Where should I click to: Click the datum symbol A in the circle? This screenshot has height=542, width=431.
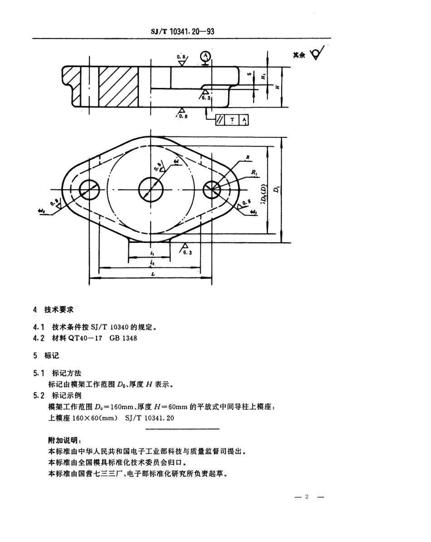(x=206, y=56)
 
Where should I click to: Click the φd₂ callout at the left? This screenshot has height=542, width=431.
(x=43, y=211)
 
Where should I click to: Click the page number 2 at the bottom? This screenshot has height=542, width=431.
(x=307, y=497)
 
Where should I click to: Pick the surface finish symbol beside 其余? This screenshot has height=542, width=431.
(x=316, y=55)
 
